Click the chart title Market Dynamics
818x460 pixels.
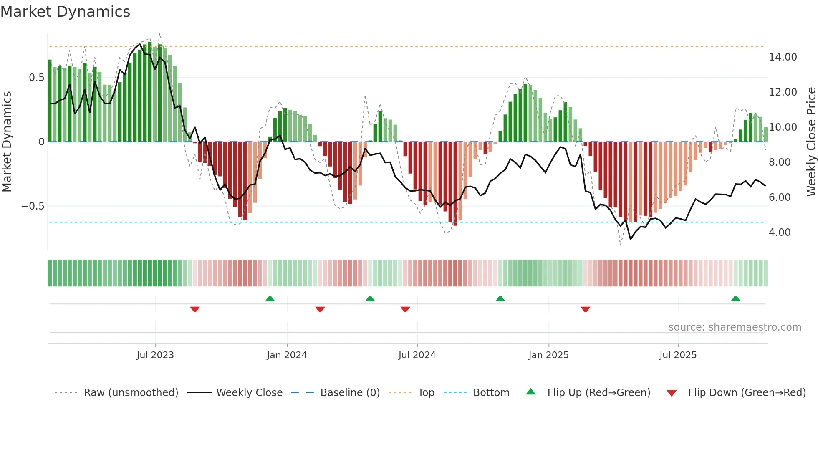coord(66,12)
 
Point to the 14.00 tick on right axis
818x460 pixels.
coord(783,57)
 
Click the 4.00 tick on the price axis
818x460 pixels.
coord(779,233)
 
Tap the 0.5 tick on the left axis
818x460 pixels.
coord(36,78)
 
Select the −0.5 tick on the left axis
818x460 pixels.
coord(33,206)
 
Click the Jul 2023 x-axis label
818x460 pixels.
coord(155,355)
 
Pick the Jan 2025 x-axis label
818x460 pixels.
coord(548,355)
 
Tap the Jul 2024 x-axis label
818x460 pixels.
coord(417,355)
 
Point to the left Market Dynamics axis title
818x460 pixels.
coord(7,142)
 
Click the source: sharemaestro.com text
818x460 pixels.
coord(735,327)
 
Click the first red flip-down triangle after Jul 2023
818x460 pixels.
coord(195,309)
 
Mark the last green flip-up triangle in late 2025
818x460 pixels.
coord(735,299)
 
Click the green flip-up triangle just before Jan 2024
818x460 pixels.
coord(270,299)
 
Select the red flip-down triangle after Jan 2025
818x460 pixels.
coord(585,309)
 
